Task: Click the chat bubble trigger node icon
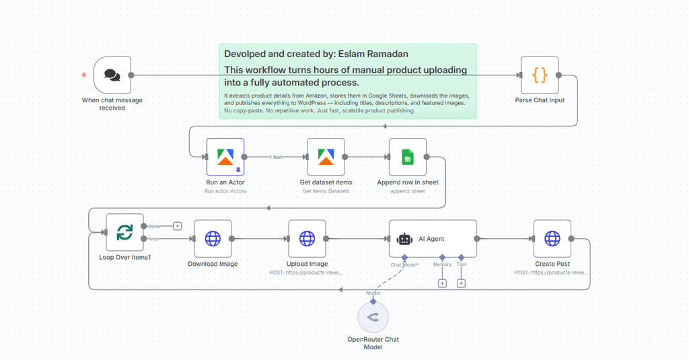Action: tap(112, 75)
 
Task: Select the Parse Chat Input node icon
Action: tap(540, 75)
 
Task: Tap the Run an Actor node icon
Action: tap(225, 157)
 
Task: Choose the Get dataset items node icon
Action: tap(326, 157)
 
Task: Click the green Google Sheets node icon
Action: tap(407, 157)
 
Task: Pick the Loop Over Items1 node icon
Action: tap(124, 232)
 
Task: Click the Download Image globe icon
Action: tap(213, 238)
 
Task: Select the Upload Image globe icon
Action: tap(307, 238)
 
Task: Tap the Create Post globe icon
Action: tap(552, 238)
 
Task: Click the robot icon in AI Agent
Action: tap(404, 239)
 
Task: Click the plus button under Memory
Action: tap(442, 283)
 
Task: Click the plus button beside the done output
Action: tap(178, 226)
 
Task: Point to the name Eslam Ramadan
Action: tap(373, 54)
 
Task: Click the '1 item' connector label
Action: tap(276, 157)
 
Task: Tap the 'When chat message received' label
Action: tap(112, 104)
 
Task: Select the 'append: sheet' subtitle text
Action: tap(407, 191)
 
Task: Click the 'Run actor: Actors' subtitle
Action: tap(225, 191)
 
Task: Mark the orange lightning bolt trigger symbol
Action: tap(84, 75)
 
